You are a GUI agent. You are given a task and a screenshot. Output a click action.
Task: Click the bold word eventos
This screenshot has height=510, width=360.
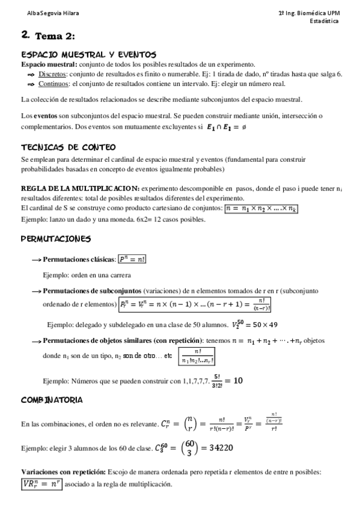pyautogui.click(x=46, y=115)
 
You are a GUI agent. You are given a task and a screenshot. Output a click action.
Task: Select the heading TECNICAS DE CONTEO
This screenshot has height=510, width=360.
pyautogui.click(x=69, y=147)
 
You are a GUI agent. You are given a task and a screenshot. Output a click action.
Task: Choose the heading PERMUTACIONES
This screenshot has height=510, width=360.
pyautogui.click(x=55, y=239)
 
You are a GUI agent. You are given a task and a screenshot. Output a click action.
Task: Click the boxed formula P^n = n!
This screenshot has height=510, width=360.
pyautogui.click(x=133, y=259)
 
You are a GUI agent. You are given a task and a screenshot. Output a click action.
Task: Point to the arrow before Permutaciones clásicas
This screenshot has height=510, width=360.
pyautogui.click(x=35, y=260)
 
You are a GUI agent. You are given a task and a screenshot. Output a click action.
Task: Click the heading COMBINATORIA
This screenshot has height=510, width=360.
pyautogui.click(x=52, y=400)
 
